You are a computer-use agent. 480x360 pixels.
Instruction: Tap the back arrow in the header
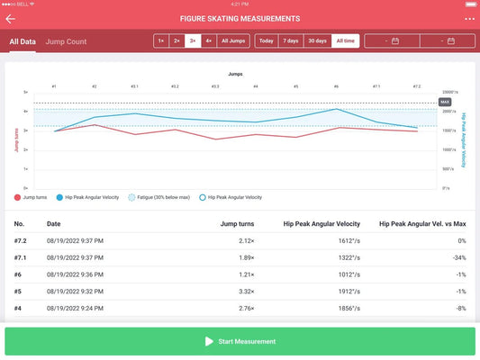coord(11,18)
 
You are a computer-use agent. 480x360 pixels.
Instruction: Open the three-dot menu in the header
coord(469,18)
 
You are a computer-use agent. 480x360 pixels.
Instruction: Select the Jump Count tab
coord(66,41)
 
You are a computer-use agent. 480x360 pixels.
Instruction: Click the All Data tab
coord(23,41)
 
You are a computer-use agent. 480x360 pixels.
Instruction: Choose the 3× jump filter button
coord(192,40)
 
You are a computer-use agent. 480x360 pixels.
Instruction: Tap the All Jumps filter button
coord(232,40)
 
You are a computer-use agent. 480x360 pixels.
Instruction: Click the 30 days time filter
coord(318,40)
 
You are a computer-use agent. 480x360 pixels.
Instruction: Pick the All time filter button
coord(345,40)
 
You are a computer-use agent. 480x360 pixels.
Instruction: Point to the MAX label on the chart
coord(444,103)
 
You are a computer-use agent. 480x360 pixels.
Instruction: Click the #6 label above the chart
coord(336,86)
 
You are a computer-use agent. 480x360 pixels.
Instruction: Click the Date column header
coord(54,223)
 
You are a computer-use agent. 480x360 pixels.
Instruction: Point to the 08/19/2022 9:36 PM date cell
coord(75,274)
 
